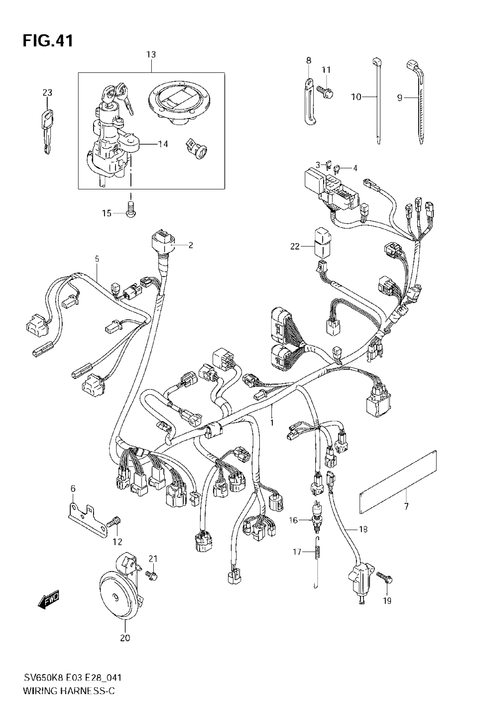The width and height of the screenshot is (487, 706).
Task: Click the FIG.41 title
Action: (48, 41)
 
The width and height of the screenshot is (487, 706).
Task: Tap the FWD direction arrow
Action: (48, 602)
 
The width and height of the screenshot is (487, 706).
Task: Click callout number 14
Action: (163, 144)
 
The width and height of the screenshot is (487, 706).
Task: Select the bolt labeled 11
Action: (325, 91)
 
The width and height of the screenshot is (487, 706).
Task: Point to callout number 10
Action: (356, 97)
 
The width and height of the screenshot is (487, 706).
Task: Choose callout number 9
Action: (400, 98)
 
